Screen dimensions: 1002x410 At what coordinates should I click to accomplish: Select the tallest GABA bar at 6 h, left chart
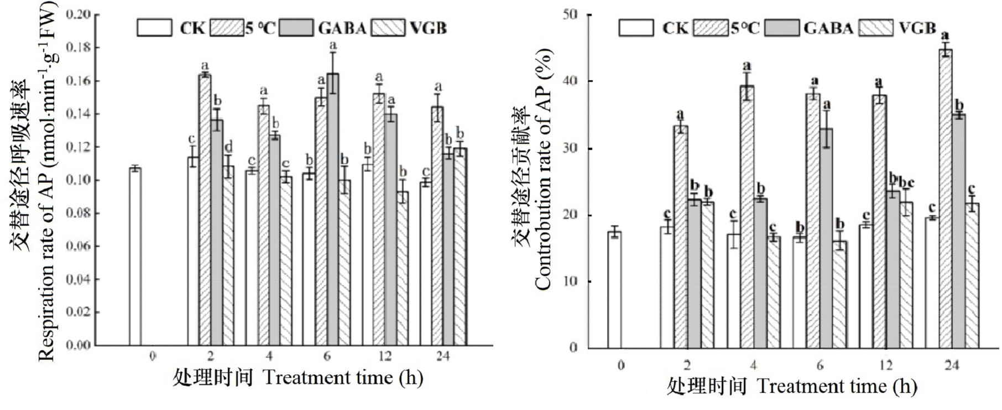point(333,210)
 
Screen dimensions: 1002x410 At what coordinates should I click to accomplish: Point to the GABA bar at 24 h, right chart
point(958,231)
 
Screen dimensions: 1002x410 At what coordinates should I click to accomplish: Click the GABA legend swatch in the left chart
point(296,28)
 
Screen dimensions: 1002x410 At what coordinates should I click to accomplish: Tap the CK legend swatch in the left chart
point(154,28)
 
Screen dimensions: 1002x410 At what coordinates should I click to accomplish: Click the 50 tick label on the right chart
point(570,14)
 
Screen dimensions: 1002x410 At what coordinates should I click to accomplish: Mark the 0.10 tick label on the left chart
point(79,180)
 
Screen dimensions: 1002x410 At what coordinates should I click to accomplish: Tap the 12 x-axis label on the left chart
point(384,357)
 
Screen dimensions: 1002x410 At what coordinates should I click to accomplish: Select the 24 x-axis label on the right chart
point(952,365)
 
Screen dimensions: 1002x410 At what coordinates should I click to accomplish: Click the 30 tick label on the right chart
point(570,148)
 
